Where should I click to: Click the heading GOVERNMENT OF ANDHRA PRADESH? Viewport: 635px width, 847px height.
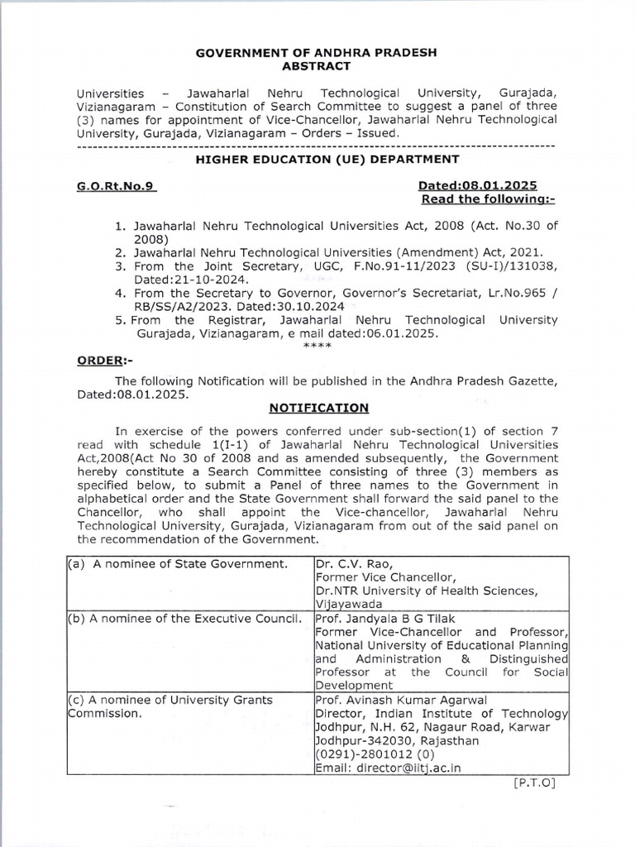point(317,52)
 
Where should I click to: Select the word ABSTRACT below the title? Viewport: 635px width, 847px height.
point(317,65)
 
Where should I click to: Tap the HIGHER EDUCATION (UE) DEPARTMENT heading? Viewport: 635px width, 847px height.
point(317,158)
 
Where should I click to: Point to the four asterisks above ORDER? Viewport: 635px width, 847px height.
point(317,346)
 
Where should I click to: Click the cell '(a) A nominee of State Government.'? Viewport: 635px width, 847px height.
point(176,564)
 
